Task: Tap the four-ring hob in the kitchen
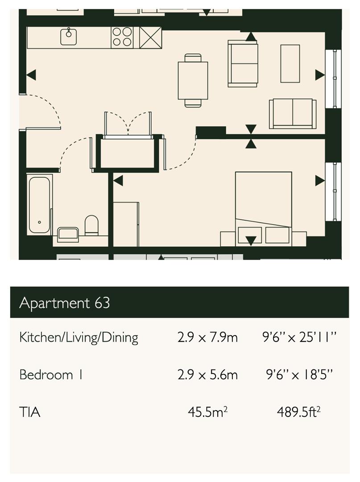coord(122,37)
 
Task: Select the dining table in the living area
coord(193,80)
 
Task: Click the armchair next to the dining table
coord(243,63)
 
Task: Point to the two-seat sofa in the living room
coord(292,114)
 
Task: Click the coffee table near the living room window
coord(290,63)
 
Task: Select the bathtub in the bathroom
coord(40,204)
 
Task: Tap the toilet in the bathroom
coord(91,225)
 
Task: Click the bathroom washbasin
coord(68,234)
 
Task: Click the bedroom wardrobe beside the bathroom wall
coord(126,224)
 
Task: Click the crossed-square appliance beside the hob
coord(150,37)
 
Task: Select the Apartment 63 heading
coord(65,303)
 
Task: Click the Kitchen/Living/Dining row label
coord(79,337)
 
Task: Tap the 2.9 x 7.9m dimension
coord(207,337)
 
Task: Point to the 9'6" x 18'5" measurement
coord(299,374)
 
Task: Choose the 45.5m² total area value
coord(207,411)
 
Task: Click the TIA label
coord(30,412)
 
